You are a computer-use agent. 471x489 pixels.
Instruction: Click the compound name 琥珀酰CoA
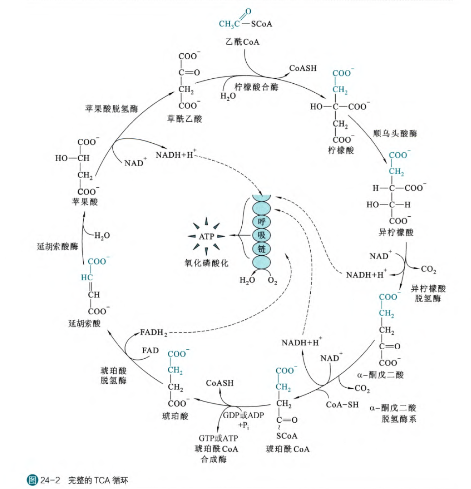click(287, 449)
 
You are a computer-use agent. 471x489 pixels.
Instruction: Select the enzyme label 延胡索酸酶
click(58, 246)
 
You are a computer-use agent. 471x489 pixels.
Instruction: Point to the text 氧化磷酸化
click(206, 263)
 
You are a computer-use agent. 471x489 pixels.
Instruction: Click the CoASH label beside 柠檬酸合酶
click(303, 68)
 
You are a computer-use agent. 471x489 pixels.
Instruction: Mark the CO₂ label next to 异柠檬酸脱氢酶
click(428, 270)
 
